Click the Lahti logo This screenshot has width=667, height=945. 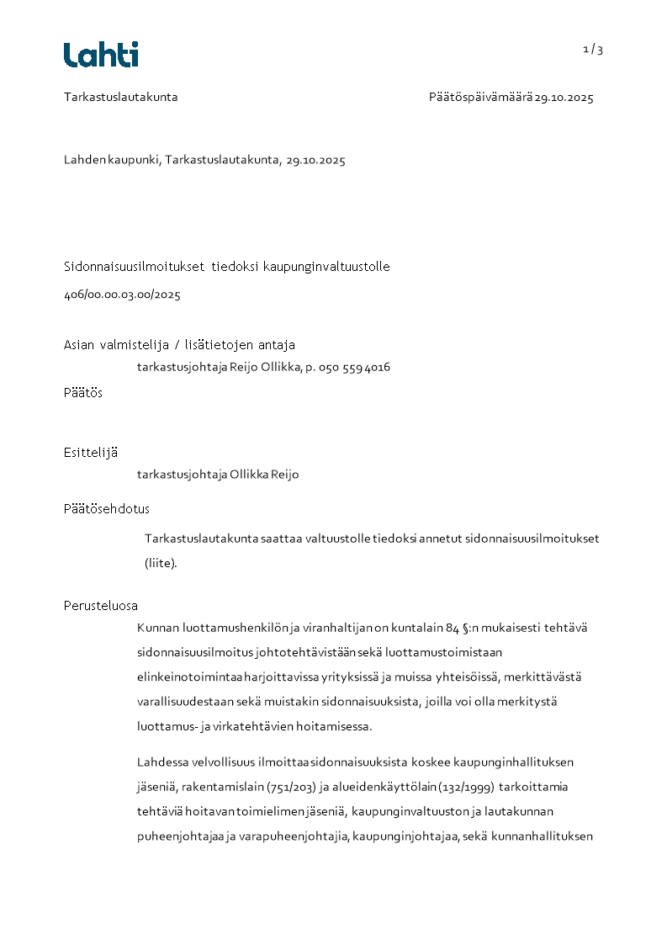pos(101,55)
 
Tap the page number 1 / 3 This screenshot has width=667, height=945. pos(593,50)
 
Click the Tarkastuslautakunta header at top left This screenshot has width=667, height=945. pos(120,97)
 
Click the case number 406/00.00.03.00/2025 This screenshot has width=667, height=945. pos(122,295)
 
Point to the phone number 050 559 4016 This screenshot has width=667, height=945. pos(354,368)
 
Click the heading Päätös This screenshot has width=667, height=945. pos(83,393)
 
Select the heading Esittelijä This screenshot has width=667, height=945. pos(91,453)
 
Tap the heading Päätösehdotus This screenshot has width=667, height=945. pos(107,509)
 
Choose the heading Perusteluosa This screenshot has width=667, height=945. pos(101,606)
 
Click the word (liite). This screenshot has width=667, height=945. pos(161,564)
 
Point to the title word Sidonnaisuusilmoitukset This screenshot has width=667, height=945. pos(135,267)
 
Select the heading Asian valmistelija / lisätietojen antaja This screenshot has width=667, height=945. pos(179,345)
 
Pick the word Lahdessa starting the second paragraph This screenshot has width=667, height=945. pos(163,762)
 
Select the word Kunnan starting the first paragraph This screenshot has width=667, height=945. pos(156,628)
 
